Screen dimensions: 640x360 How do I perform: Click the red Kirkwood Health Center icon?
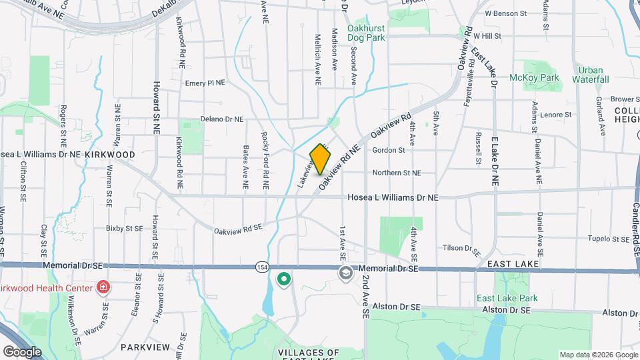pos(103,287)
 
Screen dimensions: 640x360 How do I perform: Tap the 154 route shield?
pos(261,267)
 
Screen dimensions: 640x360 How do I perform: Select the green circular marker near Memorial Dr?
pos(284,280)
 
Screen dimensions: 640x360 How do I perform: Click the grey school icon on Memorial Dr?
pos(345,273)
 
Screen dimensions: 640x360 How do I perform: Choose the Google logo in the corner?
pos(22,351)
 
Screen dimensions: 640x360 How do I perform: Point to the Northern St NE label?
pos(397,173)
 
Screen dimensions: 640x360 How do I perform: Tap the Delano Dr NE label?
pos(222,119)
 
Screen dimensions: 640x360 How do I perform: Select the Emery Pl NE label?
pos(205,83)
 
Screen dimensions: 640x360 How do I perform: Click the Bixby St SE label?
pos(125,228)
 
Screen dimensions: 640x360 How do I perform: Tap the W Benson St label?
pos(505,13)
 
